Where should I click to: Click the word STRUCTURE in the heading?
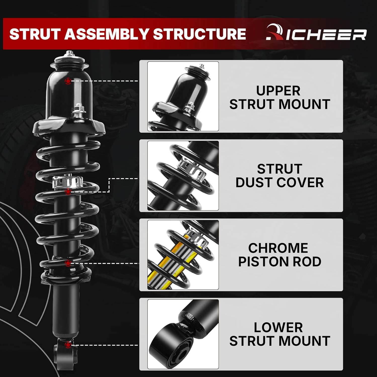(x=199, y=34)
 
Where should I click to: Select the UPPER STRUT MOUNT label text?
(x=279, y=98)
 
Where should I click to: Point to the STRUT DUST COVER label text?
(x=279, y=176)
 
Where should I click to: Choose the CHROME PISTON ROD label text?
(x=279, y=255)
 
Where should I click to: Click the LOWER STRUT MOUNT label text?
(x=279, y=334)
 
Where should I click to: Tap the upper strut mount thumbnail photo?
(x=183, y=96)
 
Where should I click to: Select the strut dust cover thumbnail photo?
(x=183, y=176)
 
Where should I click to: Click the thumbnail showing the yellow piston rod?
(x=183, y=255)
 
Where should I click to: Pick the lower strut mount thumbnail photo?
(x=183, y=334)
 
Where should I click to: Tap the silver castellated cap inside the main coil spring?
(x=67, y=182)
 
